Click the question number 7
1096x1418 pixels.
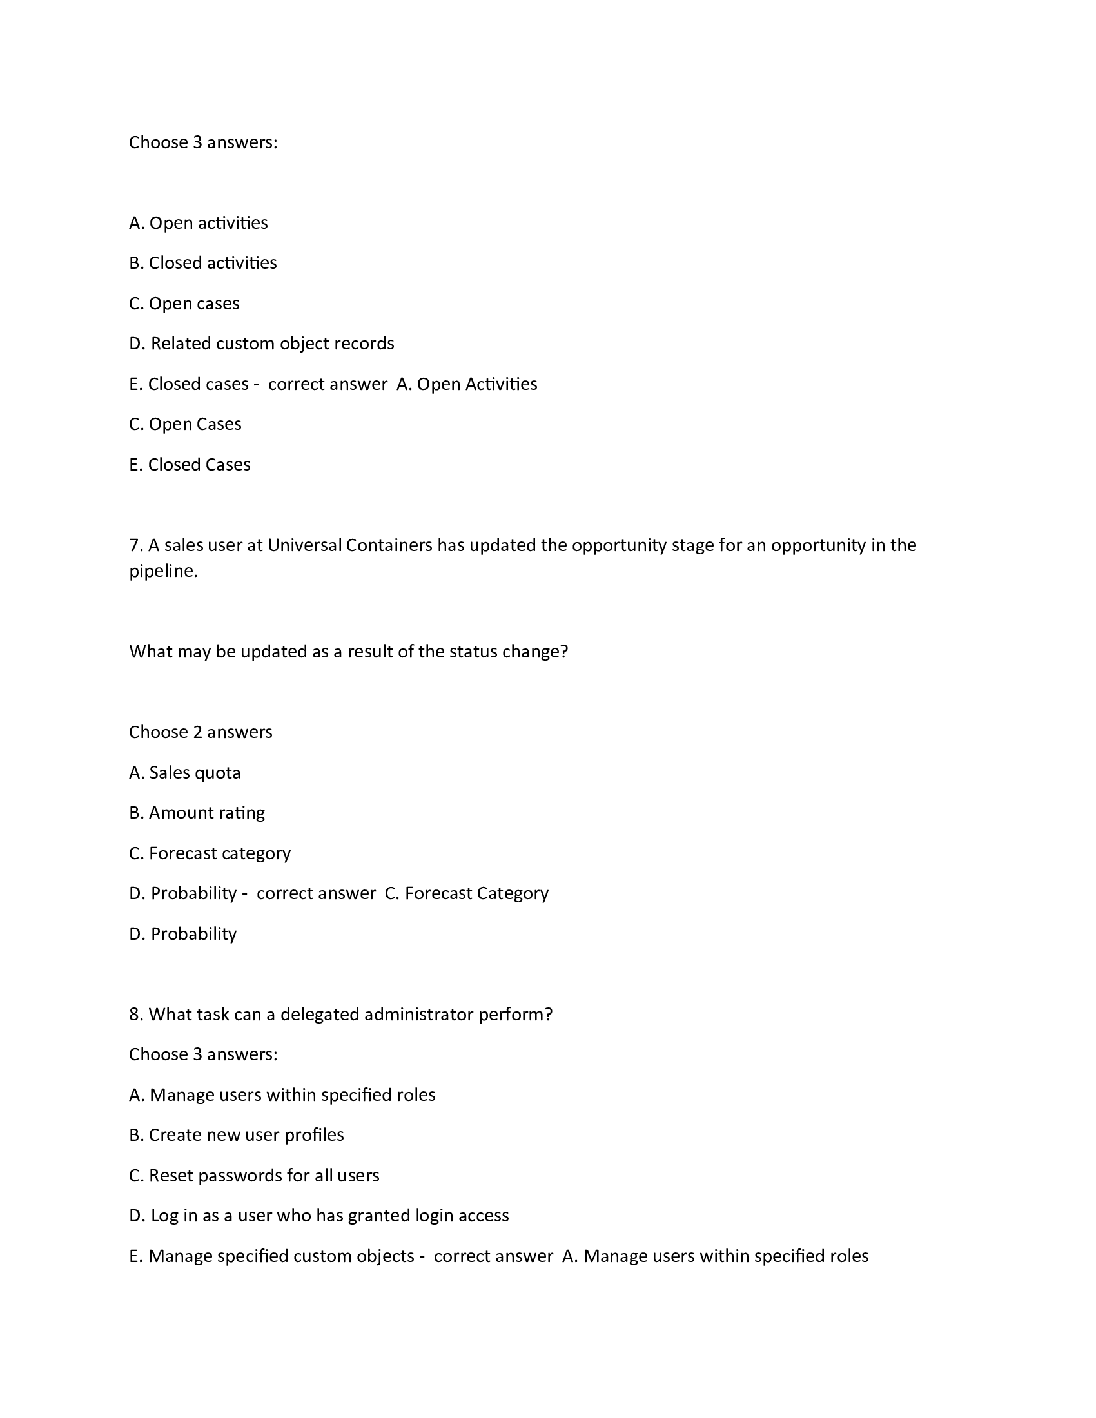point(135,545)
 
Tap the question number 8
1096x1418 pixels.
point(135,1014)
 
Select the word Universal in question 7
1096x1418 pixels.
point(304,545)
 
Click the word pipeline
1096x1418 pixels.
point(163,572)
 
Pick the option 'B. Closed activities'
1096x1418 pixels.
point(202,263)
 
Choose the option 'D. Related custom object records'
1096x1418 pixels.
point(262,344)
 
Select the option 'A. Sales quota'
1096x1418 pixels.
point(185,773)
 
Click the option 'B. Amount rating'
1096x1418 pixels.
point(197,813)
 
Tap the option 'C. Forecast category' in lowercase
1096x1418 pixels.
point(210,853)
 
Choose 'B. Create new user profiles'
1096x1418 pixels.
point(237,1135)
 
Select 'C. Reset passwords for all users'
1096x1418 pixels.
point(254,1175)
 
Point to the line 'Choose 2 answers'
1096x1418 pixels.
point(201,732)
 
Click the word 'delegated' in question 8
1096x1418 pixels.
point(319,1014)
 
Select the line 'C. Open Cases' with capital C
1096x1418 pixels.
point(185,424)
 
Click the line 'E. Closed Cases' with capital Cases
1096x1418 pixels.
point(190,465)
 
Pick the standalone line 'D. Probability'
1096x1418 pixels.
point(183,934)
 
